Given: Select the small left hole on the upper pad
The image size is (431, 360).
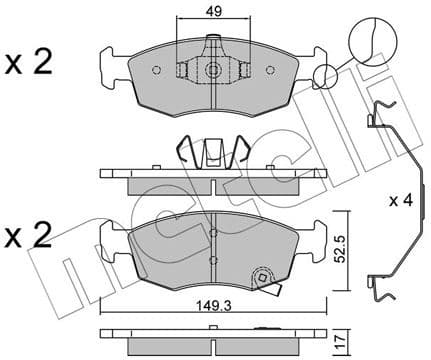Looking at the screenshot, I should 158,71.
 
